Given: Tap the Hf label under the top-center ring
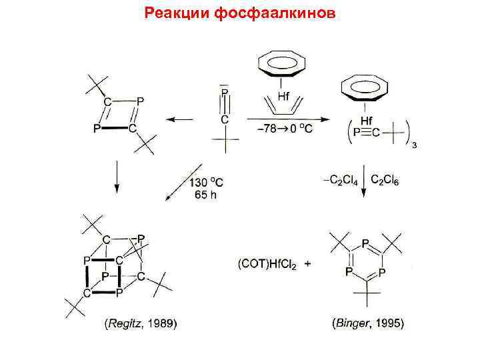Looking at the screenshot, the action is click(282, 95).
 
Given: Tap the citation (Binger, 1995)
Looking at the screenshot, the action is click(367, 324).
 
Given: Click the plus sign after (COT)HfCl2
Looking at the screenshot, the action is click(307, 264).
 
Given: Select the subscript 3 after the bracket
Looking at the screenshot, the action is click(414, 147).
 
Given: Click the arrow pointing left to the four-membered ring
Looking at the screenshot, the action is click(179, 120).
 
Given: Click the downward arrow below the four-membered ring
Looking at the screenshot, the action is click(117, 178).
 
